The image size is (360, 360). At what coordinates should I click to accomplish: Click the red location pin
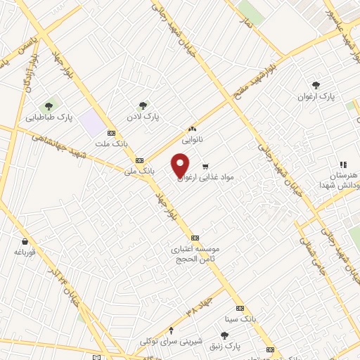click(x=181, y=165)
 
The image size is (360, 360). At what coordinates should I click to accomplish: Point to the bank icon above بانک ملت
click(x=111, y=133)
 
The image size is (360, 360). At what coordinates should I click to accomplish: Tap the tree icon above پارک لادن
click(x=143, y=105)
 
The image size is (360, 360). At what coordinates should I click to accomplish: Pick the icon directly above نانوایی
click(x=193, y=129)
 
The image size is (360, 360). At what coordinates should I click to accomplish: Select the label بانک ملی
click(x=139, y=171)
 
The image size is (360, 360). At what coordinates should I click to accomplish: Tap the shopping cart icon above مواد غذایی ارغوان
click(x=205, y=167)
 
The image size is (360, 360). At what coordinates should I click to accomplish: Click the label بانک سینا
click(x=238, y=319)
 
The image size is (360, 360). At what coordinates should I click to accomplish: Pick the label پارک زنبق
click(x=228, y=347)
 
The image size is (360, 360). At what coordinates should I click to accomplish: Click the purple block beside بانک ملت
click(x=91, y=122)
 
